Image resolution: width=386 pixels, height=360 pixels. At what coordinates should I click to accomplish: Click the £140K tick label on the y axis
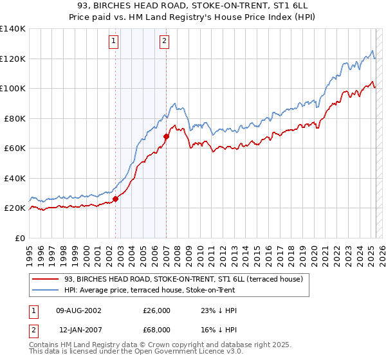(x=13, y=29)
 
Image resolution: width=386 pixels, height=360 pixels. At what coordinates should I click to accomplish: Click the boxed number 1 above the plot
(x=114, y=42)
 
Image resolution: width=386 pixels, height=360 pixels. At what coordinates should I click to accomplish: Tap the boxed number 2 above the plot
(x=165, y=42)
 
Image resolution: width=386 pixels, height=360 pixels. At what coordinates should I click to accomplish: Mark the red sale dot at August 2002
(x=116, y=199)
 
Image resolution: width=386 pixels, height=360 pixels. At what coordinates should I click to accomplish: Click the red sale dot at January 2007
(x=166, y=136)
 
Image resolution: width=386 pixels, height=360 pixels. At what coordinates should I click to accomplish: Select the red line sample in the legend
(x=45, y=279)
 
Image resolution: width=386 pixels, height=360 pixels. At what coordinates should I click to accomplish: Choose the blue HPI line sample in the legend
(x=45, y=289)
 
